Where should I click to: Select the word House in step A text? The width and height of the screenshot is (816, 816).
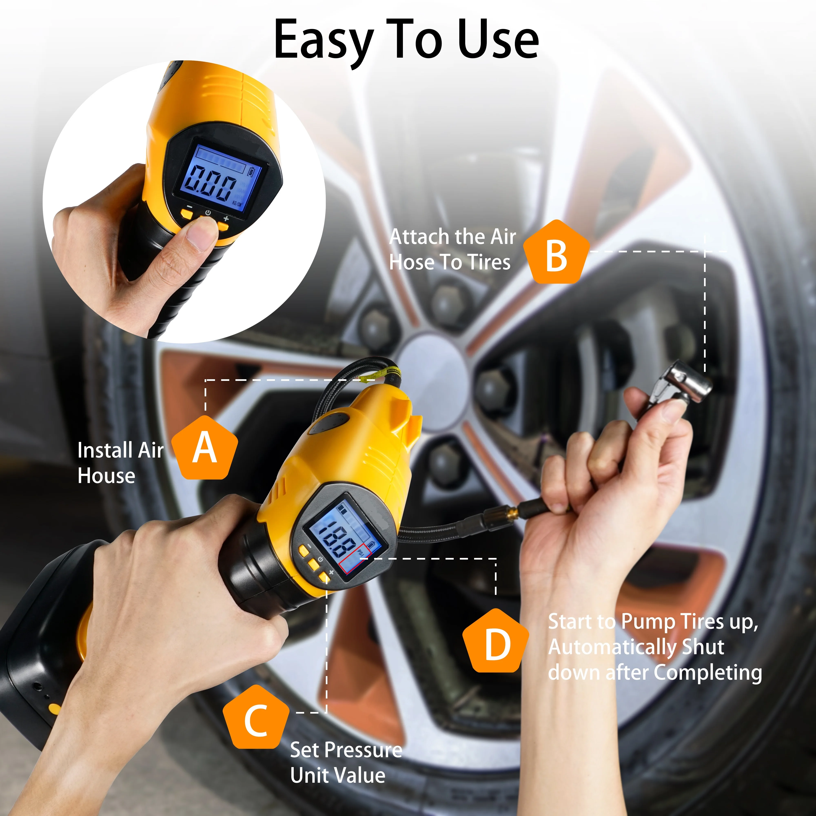[106, 476]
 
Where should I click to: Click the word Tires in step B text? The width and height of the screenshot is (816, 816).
[489, 262]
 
